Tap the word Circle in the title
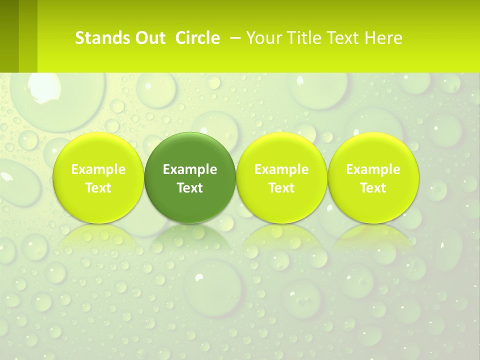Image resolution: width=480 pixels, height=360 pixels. pos(197,38)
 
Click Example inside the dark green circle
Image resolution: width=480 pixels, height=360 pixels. pos(190,169)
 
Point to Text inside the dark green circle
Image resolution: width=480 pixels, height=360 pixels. pos(190,188)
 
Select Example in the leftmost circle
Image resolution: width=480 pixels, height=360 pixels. pos(98,169)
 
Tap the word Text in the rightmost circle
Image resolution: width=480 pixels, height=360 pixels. pos(373,188)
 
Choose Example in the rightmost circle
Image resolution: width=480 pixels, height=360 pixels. pos(373,169)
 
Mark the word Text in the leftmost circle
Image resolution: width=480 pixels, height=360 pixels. pos(98,188)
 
